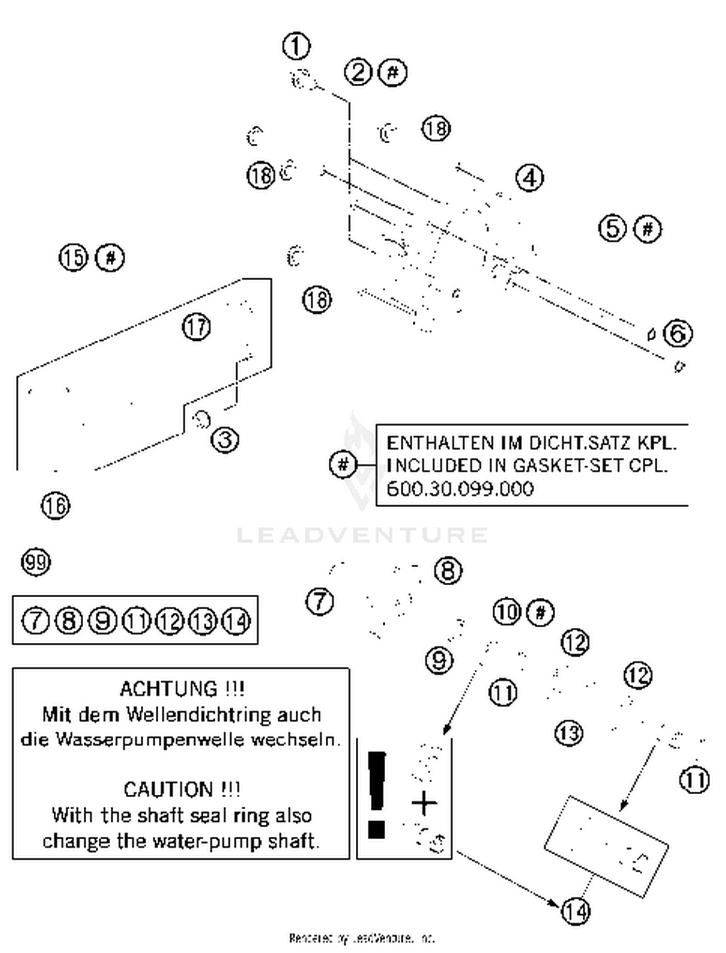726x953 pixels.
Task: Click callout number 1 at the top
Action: point(296,46)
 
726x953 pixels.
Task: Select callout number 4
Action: point(530,178)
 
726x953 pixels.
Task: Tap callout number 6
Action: point(678,333)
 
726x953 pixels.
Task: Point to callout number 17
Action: point(196,327)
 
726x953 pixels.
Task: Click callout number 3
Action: point(225,440)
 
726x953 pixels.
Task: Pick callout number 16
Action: point(56,506)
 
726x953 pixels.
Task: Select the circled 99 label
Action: point(36,562)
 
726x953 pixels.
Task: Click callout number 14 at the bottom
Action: point(575,912)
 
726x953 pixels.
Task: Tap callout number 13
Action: point(569,733)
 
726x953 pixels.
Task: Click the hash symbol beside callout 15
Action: point(110,257)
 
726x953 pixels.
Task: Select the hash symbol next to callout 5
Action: point(648,228)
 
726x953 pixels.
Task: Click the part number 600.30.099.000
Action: point(460,489)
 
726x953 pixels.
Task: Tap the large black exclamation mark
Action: point(377,794)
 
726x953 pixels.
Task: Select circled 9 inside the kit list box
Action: point(103,621)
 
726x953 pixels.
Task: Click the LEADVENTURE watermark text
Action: point(362,535)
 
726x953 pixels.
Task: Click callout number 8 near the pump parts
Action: point(448,571)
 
